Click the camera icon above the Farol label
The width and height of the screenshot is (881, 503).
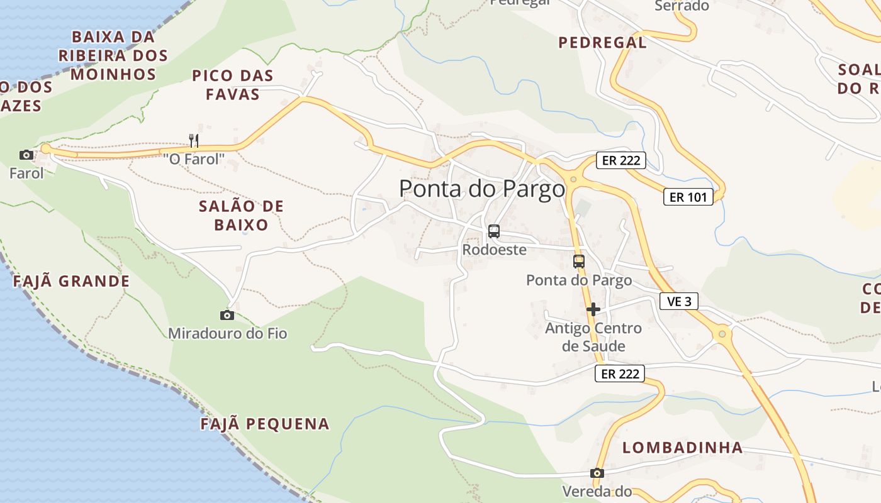pyautogui.click(x=26, y=155)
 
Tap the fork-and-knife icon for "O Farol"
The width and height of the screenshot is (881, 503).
pyautogui.click(x=194, y=140)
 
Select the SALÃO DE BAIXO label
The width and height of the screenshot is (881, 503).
pyautogui.click(x=241, y=215)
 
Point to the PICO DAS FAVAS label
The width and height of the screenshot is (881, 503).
pyautogui.click(x=232, y=85)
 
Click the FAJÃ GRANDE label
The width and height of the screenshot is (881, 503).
pyautogui.click(x=71, y=281)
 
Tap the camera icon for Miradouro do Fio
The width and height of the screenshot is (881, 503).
pyautogui.click(x=227, y=315)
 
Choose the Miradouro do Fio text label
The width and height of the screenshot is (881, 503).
pyautogui.click(x=227, y=333)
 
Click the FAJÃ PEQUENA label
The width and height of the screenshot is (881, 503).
pyautogui.click(x=265, y=424)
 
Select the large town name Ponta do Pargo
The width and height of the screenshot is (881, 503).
pyautogui.click(x=482, y=189)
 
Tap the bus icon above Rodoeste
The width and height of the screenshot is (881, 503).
pyautogui.click(x=494, y=231)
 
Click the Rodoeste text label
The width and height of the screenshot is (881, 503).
pyautogui.click(x=494, y=250)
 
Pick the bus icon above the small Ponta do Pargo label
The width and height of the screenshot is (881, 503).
pyautogui.click(x=579, y=262)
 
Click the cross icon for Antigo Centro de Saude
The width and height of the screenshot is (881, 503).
pyautogui.click(x=593, y=309)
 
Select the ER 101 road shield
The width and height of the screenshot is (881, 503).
pyautogui.click(x=688, y=197)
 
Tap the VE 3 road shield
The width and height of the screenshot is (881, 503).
pyautogui.click(x=679, y=301)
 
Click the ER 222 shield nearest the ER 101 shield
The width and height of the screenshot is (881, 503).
pyautogui.click(x=621, y=160)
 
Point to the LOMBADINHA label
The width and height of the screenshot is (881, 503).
pyautogui.click(x=683, y=448)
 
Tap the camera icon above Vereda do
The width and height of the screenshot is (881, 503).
pyautogui.click(x=597, y=473)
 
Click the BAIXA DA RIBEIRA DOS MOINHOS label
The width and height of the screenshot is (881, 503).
pyautogui.click(x=113, y=55)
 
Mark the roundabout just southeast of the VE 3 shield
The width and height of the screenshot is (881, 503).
pyautogui.click(x=722, y=333)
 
